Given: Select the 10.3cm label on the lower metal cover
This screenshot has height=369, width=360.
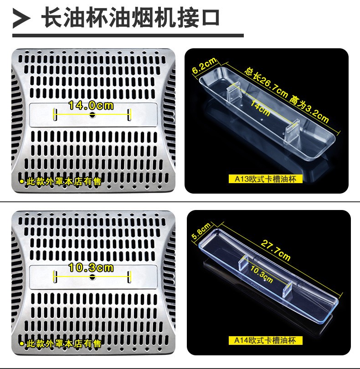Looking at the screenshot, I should tap(91, 267).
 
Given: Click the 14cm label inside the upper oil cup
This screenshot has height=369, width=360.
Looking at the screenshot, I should tap(261, 108).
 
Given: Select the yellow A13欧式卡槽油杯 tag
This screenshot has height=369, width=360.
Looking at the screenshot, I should tap(265, 179).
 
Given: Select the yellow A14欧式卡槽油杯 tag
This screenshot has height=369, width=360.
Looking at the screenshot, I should tap(265, 340).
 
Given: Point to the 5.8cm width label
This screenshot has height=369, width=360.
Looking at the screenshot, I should tap(201, 231).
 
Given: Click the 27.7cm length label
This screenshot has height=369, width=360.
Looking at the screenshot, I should tap(275, 250).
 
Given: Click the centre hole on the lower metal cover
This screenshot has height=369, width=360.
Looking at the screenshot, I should tap(93, 277).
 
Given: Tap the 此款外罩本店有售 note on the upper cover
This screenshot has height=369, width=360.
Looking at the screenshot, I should tap(60, 181).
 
